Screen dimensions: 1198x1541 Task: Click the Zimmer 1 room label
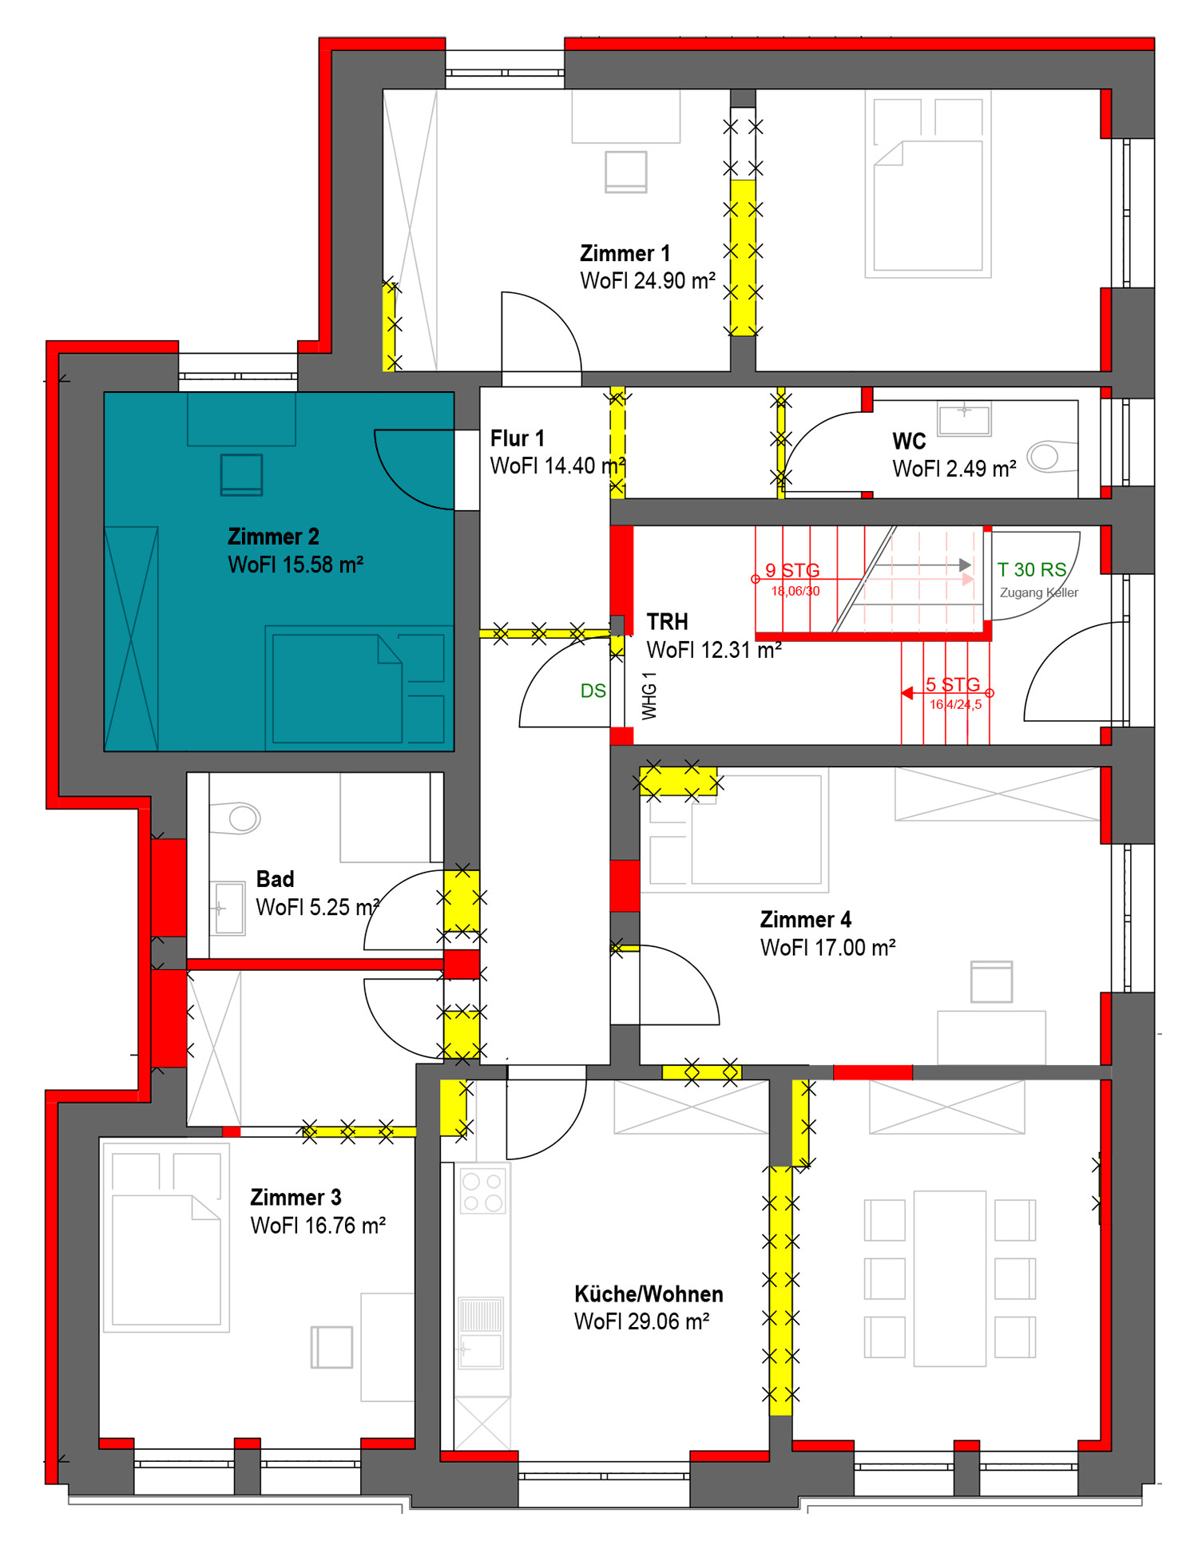[x=625, y=254]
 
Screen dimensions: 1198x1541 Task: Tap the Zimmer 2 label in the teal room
[x=273, y=537]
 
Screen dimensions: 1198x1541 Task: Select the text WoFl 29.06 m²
[x=641, y=1321]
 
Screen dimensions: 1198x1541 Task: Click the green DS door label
[x=593, y=691]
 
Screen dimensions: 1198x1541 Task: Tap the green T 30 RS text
[x=1032, y=569]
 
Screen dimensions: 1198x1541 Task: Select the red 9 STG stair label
[x=792, y=570]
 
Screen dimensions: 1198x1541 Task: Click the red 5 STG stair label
[x=953, y=684]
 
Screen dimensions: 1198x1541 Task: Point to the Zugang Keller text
[x=1039, y=592]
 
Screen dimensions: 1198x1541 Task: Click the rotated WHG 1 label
[x=649, y=695]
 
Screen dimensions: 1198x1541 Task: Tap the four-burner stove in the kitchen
[x=483, y=1191]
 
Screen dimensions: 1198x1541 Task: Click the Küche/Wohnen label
[x=649, y=1294]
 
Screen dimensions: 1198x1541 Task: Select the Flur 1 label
[x=517, y=438]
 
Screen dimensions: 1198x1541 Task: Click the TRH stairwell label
[x=667, y=622]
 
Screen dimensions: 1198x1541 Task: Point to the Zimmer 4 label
[x=805, y=920]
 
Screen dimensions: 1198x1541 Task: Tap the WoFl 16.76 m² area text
[x=318, y=1226]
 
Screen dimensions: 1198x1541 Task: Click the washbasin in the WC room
[x=965, y=419]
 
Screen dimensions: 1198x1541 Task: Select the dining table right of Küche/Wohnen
[x=950, y=1278]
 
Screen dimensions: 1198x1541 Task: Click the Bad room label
[x=275, y=879]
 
